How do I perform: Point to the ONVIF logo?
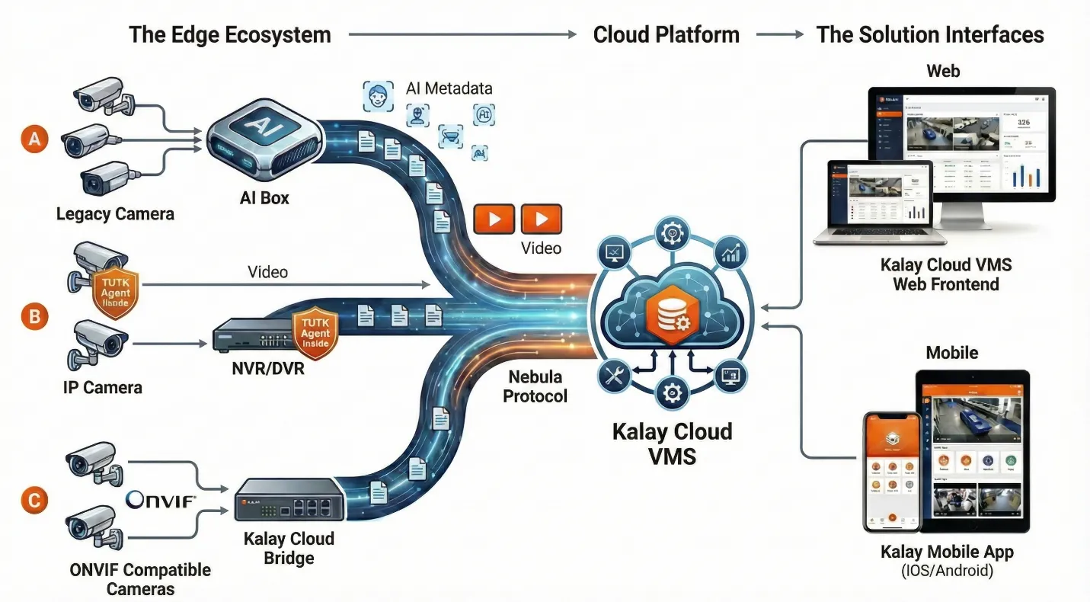pos(161,501)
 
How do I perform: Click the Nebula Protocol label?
pos(535,386)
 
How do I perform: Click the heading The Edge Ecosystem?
pos(230,34)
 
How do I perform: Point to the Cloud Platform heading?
pos(666,34)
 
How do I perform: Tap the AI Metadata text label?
pos(449,88)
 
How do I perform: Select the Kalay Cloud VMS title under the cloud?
pos(672,443)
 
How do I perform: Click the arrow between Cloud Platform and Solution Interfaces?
pos(779,34)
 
